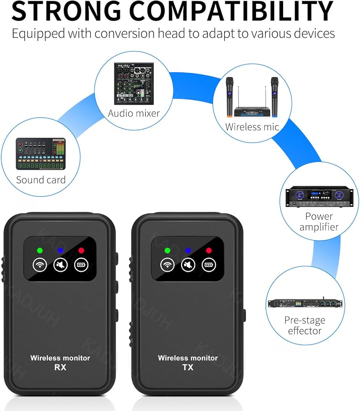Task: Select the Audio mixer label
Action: (x=134, y=113)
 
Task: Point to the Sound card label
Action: (x=41, y=180)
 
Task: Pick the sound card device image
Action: (x=41, y=154)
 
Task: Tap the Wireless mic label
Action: (x=252, y=127)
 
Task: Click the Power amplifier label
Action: (x=319, y=221)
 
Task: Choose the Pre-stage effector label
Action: (x=304, y=325)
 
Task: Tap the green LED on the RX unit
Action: (x=40, y=250)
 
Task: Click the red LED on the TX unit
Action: (x=209, y=250)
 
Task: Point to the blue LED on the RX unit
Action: (x=60, y=250)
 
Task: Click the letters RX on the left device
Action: (x=60, y=367)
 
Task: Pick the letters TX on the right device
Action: (x=188, y=367)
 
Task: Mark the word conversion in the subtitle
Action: (x=135, y=33)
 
